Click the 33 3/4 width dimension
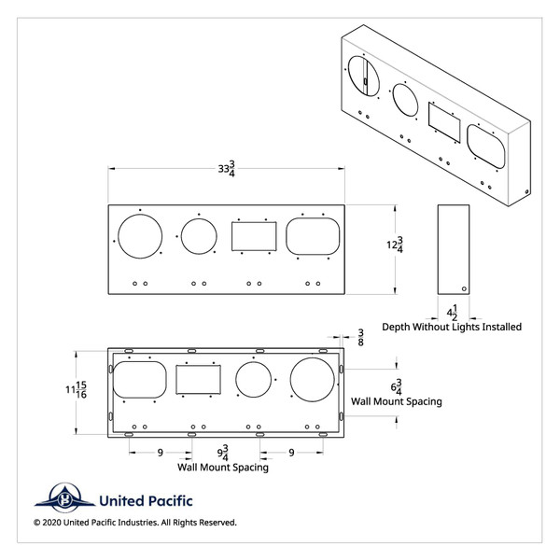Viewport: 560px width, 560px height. [226, 169]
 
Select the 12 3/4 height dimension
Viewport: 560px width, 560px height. [399, 246]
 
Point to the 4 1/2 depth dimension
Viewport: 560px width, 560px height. [453, 311]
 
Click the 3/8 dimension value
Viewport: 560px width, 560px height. [360, 337]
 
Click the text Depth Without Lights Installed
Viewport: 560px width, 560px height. [452, 327]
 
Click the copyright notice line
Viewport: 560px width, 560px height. [135, 523]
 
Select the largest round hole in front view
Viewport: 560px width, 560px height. [140, 235]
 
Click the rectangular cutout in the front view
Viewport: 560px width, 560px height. [254, 235]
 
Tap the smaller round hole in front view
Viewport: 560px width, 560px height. [199, 235]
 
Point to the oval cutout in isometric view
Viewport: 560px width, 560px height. [487, 147]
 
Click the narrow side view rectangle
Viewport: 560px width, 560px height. [453, 248]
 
